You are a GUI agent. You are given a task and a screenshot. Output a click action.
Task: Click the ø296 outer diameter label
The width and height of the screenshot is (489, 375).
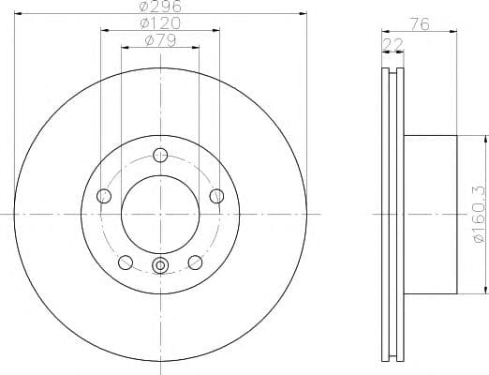[160, 7]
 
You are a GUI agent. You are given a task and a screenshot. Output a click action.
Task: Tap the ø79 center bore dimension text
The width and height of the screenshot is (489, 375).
[160, 40]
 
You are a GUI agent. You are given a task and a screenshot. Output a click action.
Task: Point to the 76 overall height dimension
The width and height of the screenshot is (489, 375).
[420, 25]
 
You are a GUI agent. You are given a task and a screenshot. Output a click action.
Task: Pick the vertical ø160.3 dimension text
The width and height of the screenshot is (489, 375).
[478, 214]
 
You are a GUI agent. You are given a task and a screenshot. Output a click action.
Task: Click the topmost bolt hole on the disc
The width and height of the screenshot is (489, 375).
[160, 155]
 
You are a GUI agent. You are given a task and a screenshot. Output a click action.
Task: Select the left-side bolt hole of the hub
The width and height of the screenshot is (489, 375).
[104, 196]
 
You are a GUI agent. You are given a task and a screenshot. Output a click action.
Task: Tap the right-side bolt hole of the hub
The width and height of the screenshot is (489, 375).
[217, 196]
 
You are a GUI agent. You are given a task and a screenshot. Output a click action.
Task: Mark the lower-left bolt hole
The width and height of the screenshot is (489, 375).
[126, 262]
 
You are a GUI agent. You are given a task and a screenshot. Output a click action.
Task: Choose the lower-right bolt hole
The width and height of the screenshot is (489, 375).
[195, 262]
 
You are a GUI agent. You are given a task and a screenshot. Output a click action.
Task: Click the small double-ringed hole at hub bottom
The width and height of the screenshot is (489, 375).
[160, 266]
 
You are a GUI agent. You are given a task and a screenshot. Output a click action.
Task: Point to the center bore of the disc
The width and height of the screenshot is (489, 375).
[160, 214]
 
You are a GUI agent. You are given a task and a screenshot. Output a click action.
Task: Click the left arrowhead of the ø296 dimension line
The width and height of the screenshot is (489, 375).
[18, 13]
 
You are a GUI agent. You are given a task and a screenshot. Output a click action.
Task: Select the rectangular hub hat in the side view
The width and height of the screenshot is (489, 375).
[431, 214]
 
